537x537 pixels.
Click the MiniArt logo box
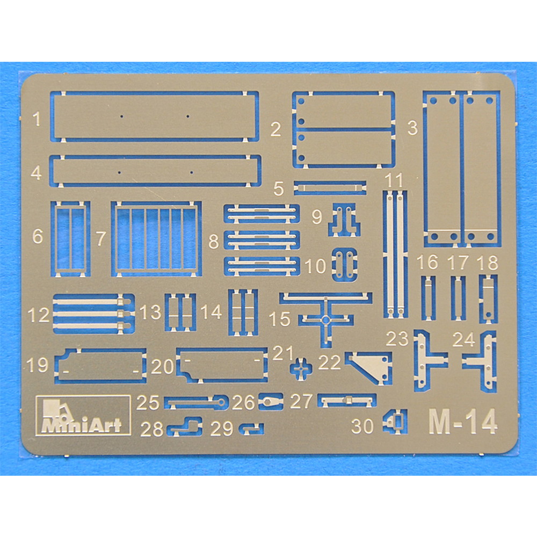(x=83, y=415)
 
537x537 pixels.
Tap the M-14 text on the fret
(x=463, y=422)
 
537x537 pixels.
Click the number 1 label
(x=37, y=119)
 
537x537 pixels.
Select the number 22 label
(x=330, y=362)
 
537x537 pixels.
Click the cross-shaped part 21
(x=301, y=368)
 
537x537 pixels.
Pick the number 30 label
(x=362, y=426)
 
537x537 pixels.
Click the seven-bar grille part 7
(x=156, y=239)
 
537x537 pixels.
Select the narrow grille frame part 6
(x=70, y=239)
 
